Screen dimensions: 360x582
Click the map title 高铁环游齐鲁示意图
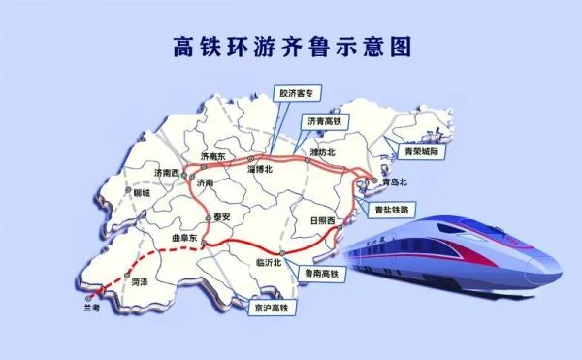pyautogui.click(x=291, y=46)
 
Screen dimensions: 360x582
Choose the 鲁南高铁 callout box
pyautogui.click(x=320, y=275)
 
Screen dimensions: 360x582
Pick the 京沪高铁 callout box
pyautogui.click(x=272, y=306)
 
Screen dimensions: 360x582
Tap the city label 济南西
pyautogui.click(x=167, y=173)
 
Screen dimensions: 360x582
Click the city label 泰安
pyautogui.click(x=224, y=218)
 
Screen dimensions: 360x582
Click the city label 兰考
pyautogui.click(x=91, y=308)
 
